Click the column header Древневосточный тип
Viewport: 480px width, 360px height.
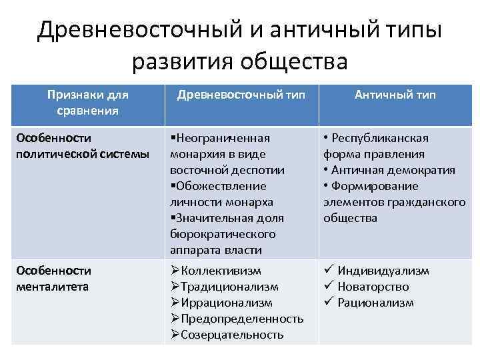click(241, 95)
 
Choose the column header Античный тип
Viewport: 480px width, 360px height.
click(395, 95)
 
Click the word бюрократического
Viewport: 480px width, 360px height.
click(223, 234)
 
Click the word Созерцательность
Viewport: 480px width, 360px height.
click(232, 335)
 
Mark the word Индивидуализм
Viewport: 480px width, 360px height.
click(383, 271)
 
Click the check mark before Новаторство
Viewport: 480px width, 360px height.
click(328, 287)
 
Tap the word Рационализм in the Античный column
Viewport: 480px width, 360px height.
click(375, 303)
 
